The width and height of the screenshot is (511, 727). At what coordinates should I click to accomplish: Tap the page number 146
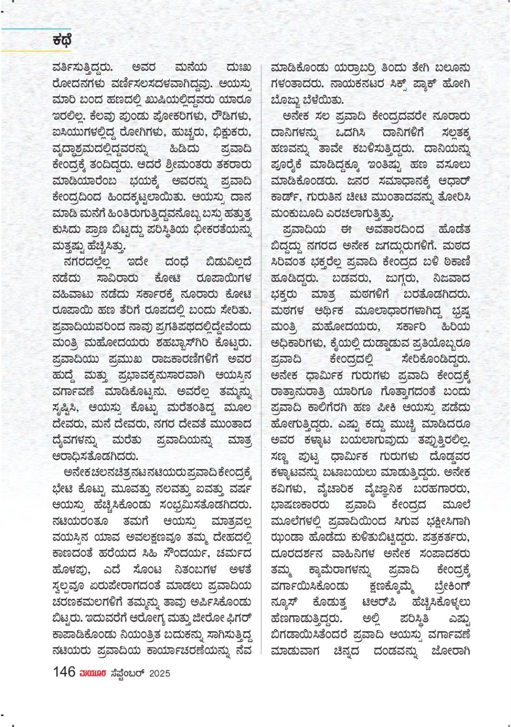(64, 672)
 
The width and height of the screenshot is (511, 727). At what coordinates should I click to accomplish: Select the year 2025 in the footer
(160, 673)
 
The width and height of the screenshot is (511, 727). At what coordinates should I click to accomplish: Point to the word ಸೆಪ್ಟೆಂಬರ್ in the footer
(126, 673)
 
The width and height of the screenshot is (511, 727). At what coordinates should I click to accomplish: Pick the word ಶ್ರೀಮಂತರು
(179, 165)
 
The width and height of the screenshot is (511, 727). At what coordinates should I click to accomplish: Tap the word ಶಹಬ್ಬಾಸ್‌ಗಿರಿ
(194, 343)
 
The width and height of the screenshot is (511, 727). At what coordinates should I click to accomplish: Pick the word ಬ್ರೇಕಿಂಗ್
(446, 585)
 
